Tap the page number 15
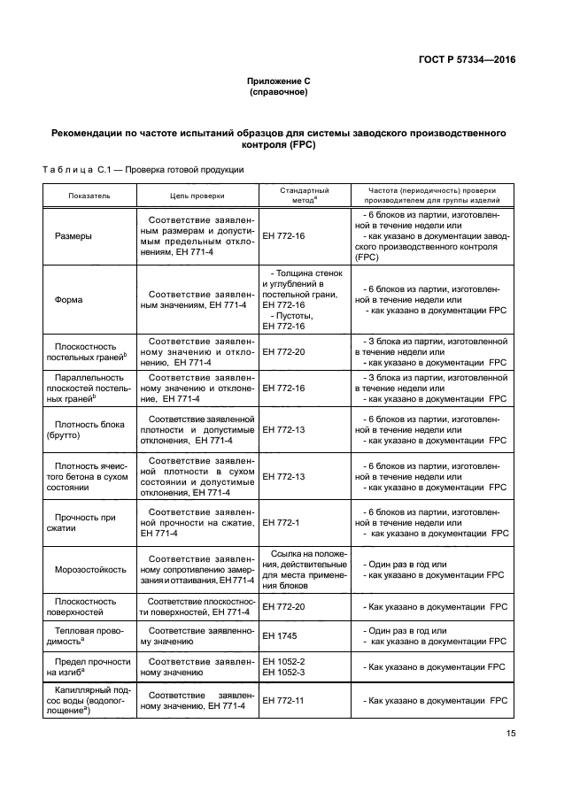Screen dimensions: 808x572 click(511, 733)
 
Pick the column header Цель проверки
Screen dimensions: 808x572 click(197, 196)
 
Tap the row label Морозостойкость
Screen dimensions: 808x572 click(89, 569)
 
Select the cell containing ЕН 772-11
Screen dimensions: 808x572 click(283, 700)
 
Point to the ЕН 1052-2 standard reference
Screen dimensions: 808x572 click(283, 661)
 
